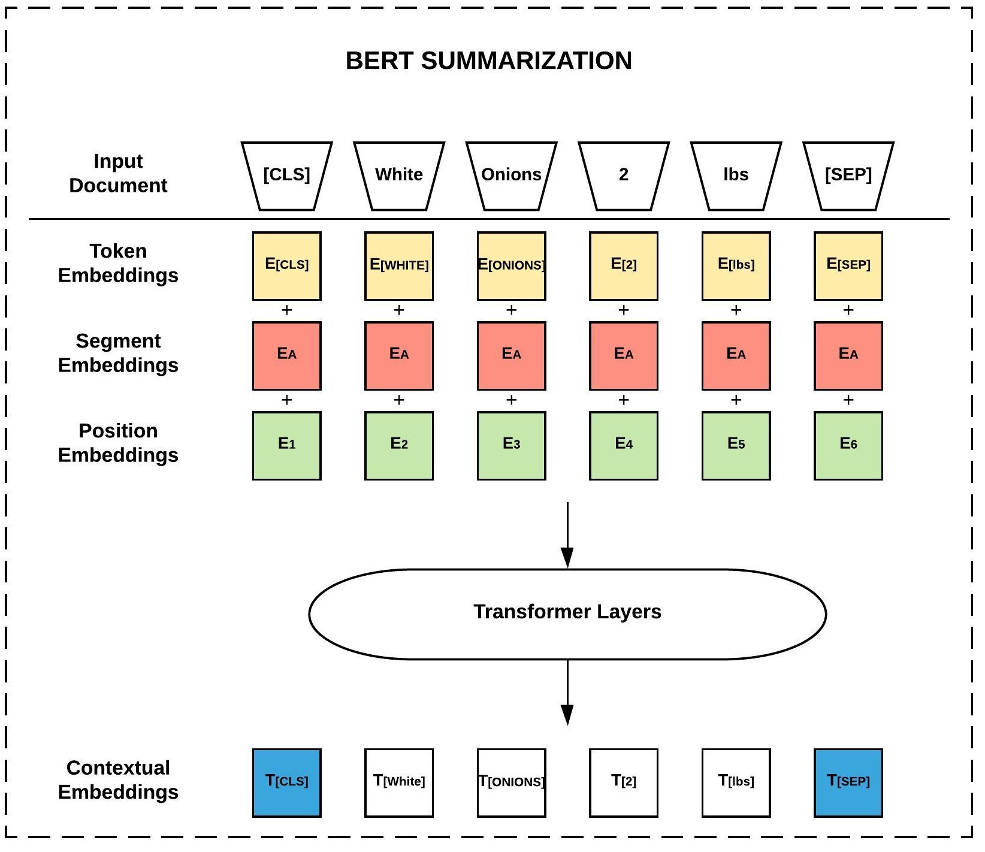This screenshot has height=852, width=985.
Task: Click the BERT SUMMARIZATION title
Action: [488, 61]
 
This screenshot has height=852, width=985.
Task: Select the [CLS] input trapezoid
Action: [286, 175]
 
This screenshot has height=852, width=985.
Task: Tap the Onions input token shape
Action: [511, 175]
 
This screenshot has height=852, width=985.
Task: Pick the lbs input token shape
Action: [736, 175]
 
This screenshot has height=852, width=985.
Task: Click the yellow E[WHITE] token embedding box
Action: [399, 265]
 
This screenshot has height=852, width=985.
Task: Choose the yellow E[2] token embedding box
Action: [623, 265]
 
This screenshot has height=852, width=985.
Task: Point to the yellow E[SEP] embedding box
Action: [848, 265]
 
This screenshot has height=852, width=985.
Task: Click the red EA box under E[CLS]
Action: [286, 355]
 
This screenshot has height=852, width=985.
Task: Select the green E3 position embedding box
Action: [511, 445]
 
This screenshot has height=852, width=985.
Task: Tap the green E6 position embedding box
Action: [848, 445]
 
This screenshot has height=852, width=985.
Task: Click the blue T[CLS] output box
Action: [286, 782]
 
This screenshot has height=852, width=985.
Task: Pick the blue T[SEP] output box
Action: [848, 782]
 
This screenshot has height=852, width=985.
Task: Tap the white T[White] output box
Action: [399, 782]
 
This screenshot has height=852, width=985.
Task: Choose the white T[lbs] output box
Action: [736, 782]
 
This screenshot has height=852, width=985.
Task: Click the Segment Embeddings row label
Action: [118, 353]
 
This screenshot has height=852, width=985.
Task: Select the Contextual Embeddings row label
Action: [118, 780]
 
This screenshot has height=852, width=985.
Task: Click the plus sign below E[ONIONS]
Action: [511, 310]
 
